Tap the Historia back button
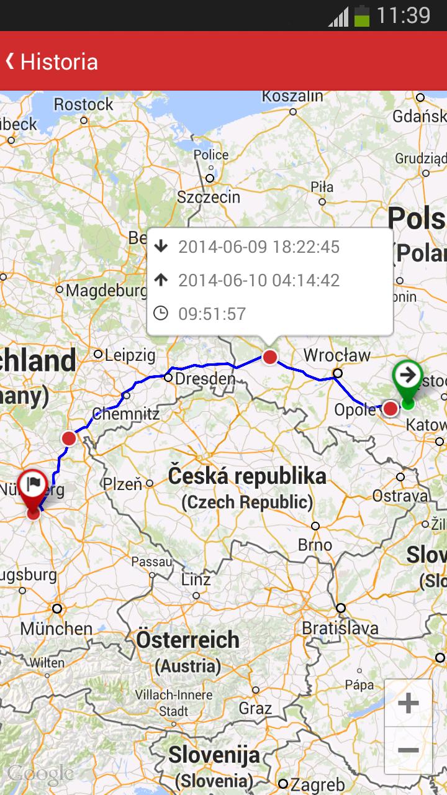51,61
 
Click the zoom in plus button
408,703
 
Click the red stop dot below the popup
269,357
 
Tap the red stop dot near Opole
390,408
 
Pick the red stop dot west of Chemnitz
69,438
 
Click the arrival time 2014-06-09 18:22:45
259,247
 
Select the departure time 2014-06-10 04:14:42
259,280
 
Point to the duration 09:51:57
212,314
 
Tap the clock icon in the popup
161,313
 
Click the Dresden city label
205,378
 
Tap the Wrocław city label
336,355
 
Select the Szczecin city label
209,197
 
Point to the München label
56,628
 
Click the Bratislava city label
340,627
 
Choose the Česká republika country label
247,476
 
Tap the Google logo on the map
40,774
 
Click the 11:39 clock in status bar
403,15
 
